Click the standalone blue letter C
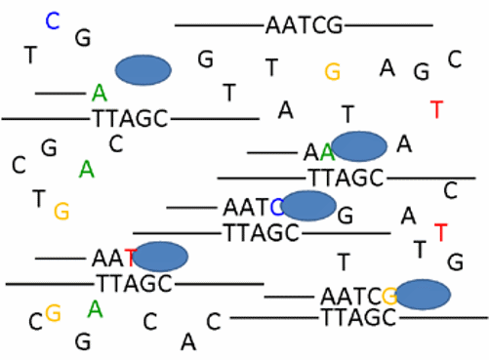tap(53, 20)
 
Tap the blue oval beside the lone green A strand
tap(143, 69)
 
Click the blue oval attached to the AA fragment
tap(360, 144)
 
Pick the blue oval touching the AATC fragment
tap(309, 206)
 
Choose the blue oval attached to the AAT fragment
tap(160, 257)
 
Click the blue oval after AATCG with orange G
tap(423, 294)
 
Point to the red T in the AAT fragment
tap(129, 259)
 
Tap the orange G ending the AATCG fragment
tap(388, 295)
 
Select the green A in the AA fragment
tap(328, 151)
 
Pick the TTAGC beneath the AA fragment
tap(346, 178)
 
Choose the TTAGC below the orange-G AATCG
tap(357, 317)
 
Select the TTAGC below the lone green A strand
tap(131, 119)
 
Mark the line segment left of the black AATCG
tap(219, 24)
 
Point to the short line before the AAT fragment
tap(61, 259)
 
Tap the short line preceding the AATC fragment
tap(191, 207)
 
